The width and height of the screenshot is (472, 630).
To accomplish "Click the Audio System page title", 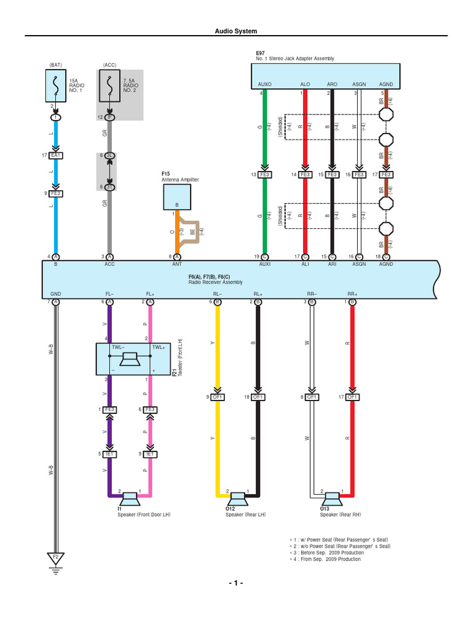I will [236, 31].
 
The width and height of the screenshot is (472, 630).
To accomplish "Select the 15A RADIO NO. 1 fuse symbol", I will [56, 86].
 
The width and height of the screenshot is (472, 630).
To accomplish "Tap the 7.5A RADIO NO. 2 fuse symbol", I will [110, 86].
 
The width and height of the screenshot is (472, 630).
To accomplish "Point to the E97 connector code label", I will [261, 53].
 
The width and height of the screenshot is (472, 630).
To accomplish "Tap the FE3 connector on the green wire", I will [265, 175].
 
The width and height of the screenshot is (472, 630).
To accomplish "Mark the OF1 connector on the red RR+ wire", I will [353, 397].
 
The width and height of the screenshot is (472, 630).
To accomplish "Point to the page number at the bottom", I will [236, 583].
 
